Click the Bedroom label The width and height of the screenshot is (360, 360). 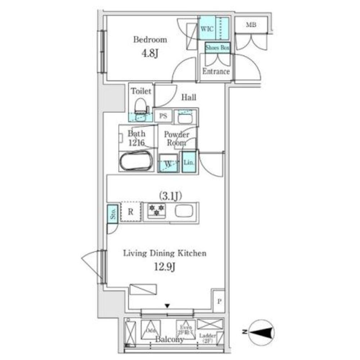[150, 40]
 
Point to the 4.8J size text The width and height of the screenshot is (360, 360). [150, 54]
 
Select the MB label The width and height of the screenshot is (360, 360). [251, 25]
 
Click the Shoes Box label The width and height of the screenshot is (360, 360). [217, 47]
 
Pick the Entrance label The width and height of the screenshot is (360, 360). [216, 71]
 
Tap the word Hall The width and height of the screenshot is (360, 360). [188, 97]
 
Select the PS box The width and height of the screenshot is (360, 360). [163, 116]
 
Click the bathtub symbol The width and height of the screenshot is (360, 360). [136, 161]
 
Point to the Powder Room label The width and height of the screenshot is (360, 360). [176, 138]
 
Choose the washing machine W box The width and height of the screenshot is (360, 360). [168, 163]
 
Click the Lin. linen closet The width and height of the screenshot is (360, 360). [189, 162]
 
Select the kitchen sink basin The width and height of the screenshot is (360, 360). [184, 211]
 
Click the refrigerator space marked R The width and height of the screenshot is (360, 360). [131, 212]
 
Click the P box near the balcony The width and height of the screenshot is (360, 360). [219, 300]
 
